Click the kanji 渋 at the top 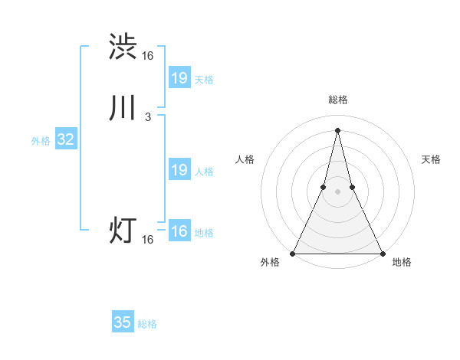[x=123, y=47]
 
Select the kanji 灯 [x=123, y=231]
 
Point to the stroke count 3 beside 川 [x=148, y=117]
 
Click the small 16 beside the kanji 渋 [x=147, y=56]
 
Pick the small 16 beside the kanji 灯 [x=147, y=240]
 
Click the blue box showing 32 [x=65, y=139]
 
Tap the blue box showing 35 [x=123, y=322]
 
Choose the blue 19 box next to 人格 [x=179, y=170]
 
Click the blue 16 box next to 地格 [x=179, y=231]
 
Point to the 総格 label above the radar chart [x=337, y=100]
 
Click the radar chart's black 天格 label [x=432, y=159]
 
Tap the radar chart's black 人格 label [x=245, y=159]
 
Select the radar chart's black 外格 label [x=271, y=263]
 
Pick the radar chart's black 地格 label [x=402, y=263]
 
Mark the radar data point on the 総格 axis [x=337, y=129]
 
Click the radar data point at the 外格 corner [x=293, y=253]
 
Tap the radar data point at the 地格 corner [x=382, y=253]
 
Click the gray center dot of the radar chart [x=337, y=191]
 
